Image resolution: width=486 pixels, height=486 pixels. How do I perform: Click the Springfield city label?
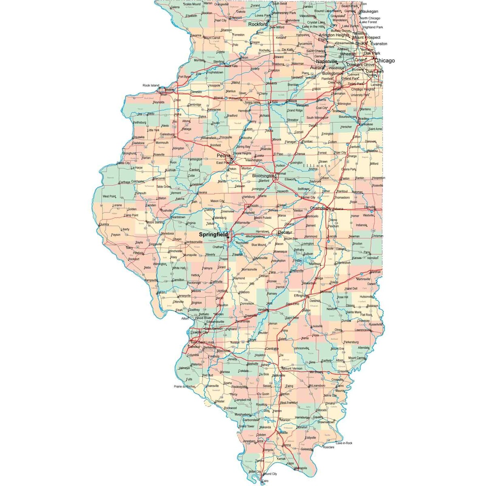pos(212,234)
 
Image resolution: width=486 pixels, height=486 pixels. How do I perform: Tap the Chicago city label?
pos(384,61)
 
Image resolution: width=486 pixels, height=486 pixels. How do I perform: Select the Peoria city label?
pos(223,155)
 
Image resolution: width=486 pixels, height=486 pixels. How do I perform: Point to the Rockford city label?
pos(258,24)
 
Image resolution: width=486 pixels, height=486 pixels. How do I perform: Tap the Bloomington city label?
pos(263,176)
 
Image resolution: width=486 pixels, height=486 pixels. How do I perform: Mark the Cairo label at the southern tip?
pos(265,481)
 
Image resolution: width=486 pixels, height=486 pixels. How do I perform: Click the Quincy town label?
pos(104,224)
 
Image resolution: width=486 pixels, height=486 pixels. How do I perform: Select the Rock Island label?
pos(151,85)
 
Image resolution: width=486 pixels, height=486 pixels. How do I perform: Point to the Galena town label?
pos(175,7)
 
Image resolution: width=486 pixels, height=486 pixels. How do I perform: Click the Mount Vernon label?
pos(292,369)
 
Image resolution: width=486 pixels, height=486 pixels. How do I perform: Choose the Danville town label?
pos(369,207)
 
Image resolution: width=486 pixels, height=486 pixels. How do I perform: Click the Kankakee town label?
pos(366,124)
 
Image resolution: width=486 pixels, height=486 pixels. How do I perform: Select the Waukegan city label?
pos(369,11)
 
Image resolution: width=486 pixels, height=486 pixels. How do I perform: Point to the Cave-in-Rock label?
pos(344,443)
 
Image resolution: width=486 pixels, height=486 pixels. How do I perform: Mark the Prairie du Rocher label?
pos(185,386)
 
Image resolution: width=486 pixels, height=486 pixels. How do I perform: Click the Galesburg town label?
pos(167,134)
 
